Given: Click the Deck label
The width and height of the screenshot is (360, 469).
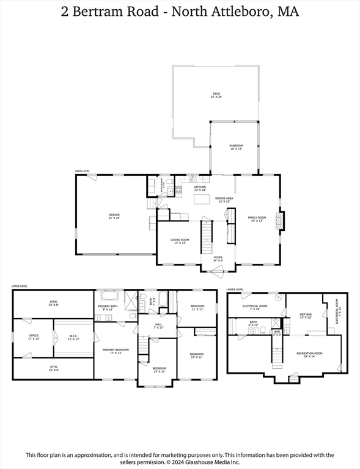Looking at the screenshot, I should click(x=216, y=95).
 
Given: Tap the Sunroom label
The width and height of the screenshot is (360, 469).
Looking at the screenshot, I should click(x=236, y=147).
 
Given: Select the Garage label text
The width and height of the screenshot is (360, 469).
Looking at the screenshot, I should click(x=114, y=216).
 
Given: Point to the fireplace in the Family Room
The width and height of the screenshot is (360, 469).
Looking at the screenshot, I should click(x=281, y=220).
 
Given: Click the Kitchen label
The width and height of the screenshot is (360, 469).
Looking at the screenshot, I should click(x=200, y=189).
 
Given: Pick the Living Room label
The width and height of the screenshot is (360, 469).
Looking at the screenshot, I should click(x=180, y=241).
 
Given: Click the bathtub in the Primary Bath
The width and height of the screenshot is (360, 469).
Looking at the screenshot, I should click(x=109, y=297).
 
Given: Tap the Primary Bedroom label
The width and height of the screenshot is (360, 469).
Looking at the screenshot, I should click(x=116, y=352).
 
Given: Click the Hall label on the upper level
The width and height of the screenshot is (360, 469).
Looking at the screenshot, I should click(x=158, y=325).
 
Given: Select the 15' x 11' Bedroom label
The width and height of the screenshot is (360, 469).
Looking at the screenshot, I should click(x=196, y=355).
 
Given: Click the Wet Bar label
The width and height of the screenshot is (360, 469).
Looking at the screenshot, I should click(x=306, y=316).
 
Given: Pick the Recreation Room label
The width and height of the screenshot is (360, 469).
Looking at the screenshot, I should click(x=309, y=354).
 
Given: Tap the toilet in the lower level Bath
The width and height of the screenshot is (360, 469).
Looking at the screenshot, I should click(x=261, y=330).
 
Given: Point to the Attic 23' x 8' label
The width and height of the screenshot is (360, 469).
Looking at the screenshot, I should click(x=54, y=303).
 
